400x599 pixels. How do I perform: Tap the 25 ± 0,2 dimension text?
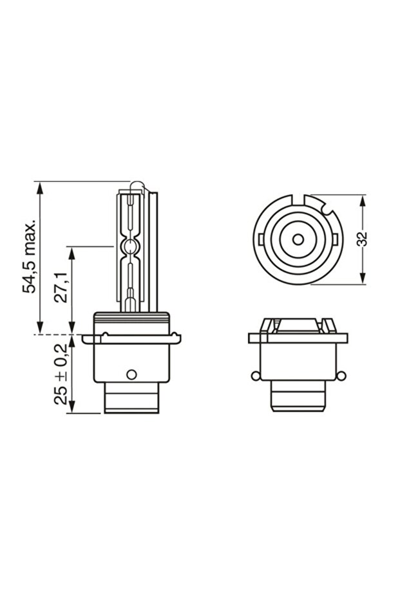tap(61, 373)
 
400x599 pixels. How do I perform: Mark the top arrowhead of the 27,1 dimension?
tap(72, 252)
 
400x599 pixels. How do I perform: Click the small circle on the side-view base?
tap(131, 374)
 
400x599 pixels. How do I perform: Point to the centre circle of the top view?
tap(298, 239)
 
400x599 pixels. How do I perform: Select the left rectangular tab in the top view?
tap(259, 239)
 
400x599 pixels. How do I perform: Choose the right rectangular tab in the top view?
tap(336, 239)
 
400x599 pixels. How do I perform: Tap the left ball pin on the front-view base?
tap(254, 375)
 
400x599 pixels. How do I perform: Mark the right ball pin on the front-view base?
tap(341, 375)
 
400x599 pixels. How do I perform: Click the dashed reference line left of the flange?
tap(52, 335)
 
